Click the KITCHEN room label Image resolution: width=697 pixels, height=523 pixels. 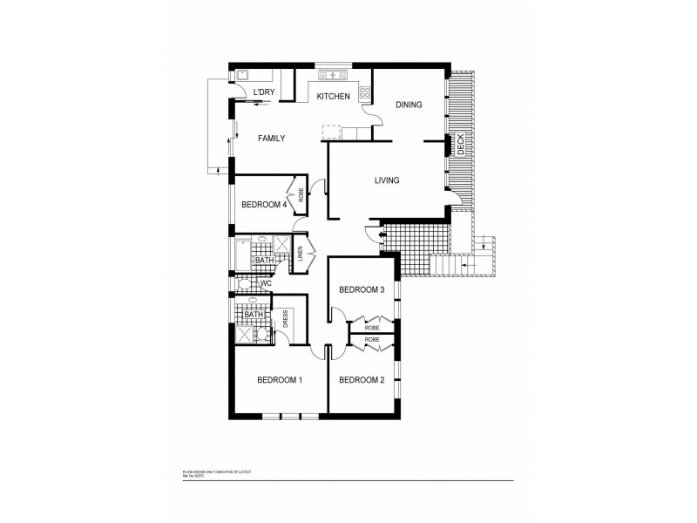[x=333, y=97]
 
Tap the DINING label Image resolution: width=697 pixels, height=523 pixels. [x=409, y=105]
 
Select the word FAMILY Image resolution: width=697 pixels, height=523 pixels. [x=270, y=139]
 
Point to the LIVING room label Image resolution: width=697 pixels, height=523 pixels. [x=387, y=180]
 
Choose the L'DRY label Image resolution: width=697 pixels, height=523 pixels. [x=264, y=92]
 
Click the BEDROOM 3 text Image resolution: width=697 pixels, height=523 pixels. [x=362, y=289]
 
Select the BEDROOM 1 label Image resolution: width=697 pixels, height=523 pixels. [x=280, y=380]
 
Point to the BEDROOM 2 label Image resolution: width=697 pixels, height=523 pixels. [x=362, y=380]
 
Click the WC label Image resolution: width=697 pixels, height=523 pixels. [x=267, y=283]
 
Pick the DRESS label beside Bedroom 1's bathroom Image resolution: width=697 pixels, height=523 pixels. [x=285, y=321]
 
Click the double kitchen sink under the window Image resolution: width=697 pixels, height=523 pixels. [x=331, y=75]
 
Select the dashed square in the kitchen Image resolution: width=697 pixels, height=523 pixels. [x=331, y=132]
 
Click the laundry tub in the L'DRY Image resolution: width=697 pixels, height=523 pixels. [x=245, y=76]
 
